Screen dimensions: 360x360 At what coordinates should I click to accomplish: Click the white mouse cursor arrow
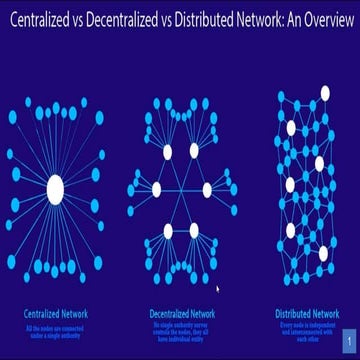(216, 291)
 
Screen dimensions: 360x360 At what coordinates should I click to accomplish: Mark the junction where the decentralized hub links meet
(180, 189)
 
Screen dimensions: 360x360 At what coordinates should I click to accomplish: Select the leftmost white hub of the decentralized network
(155, 189)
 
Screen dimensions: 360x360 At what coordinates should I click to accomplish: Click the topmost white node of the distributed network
(324, 93)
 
